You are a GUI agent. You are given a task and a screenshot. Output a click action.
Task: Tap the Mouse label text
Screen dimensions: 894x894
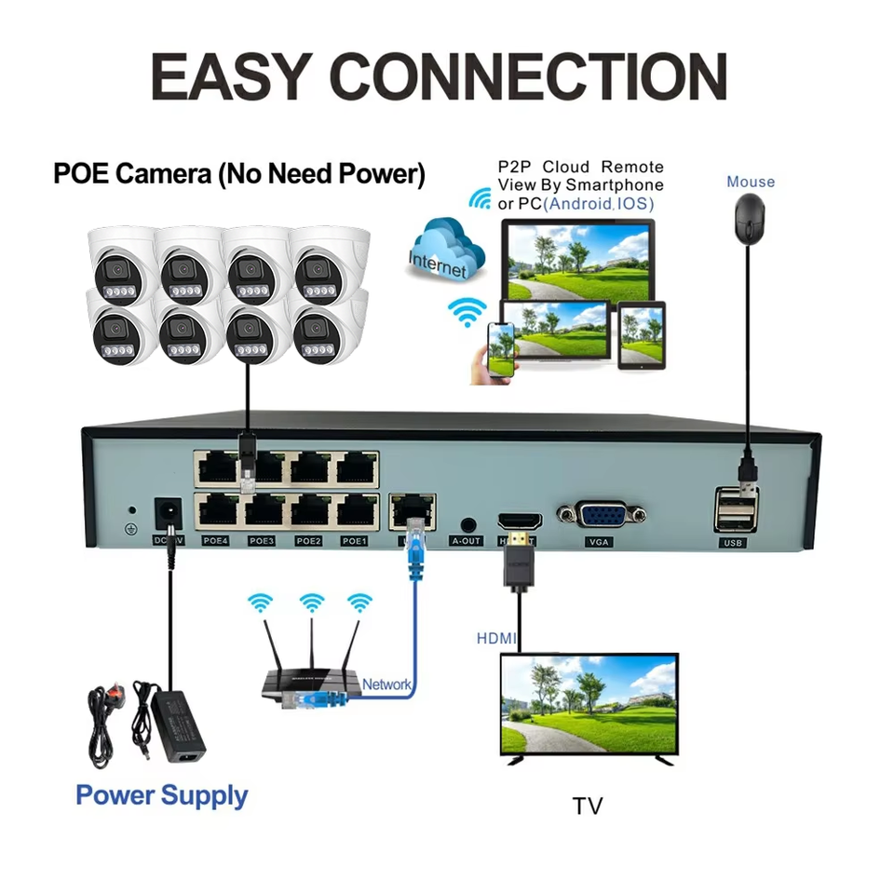750,182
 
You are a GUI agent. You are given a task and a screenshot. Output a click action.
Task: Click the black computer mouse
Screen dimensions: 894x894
750,218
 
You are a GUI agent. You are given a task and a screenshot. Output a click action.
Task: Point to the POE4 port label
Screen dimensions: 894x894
216,540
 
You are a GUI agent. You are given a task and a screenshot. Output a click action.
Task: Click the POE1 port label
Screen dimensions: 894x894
354,540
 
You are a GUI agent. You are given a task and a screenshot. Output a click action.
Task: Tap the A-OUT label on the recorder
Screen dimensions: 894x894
467,540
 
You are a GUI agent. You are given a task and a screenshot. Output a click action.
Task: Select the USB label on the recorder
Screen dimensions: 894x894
733,542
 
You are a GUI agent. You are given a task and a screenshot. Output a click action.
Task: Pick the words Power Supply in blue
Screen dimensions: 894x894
161,795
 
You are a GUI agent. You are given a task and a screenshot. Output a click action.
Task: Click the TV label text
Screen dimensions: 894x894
588,806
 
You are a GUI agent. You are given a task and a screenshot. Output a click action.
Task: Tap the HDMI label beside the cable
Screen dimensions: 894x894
495,639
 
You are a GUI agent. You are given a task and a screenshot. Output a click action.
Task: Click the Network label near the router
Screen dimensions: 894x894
386,684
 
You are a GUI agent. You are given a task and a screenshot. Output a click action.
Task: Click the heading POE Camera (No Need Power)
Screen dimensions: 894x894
238,174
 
